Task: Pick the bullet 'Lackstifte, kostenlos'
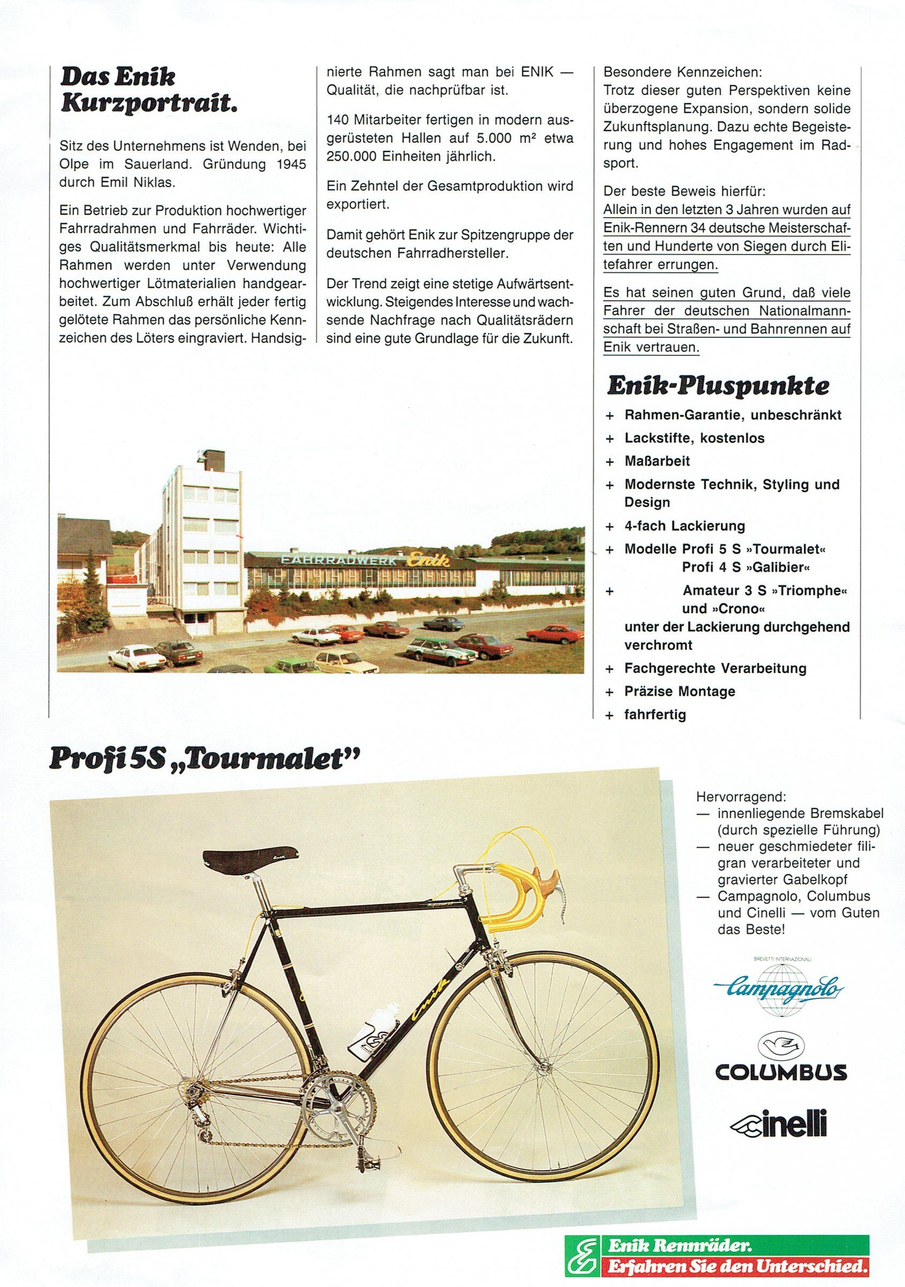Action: pyautogui.click(x=694, y=438)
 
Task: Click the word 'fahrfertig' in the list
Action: pyautogui.click(x=655, y=715)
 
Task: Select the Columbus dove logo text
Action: pyautogui.click(x=780, y=1072)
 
